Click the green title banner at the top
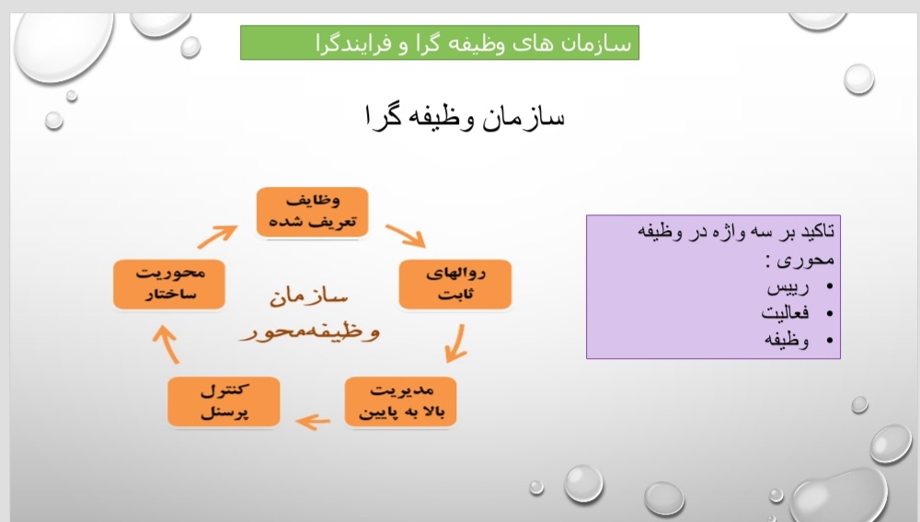(x=440, y=42)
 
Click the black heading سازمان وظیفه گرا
(x=465, y=116)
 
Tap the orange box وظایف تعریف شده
(x=312, y=212)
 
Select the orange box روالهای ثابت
(x=455, y=284)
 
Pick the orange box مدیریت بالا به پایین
(x=401, y=401)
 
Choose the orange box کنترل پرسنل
(x=224, y=401)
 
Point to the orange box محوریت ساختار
(x=169, y=284)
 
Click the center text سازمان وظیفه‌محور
(x=309, y=313)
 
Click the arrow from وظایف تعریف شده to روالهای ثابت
(x=405, y=235)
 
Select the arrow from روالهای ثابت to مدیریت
(x=457, y=343)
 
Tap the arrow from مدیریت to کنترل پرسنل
(x=314, y=421)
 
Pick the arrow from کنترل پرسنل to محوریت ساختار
(x=167, y=344)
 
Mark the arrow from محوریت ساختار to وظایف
(x=216, y=236)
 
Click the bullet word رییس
(x=788, y=287)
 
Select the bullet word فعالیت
(x=785, y=313)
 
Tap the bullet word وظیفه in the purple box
(x=787, y=340)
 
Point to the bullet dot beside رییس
(x=829, y=286)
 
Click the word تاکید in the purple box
(x=818, y=231)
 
